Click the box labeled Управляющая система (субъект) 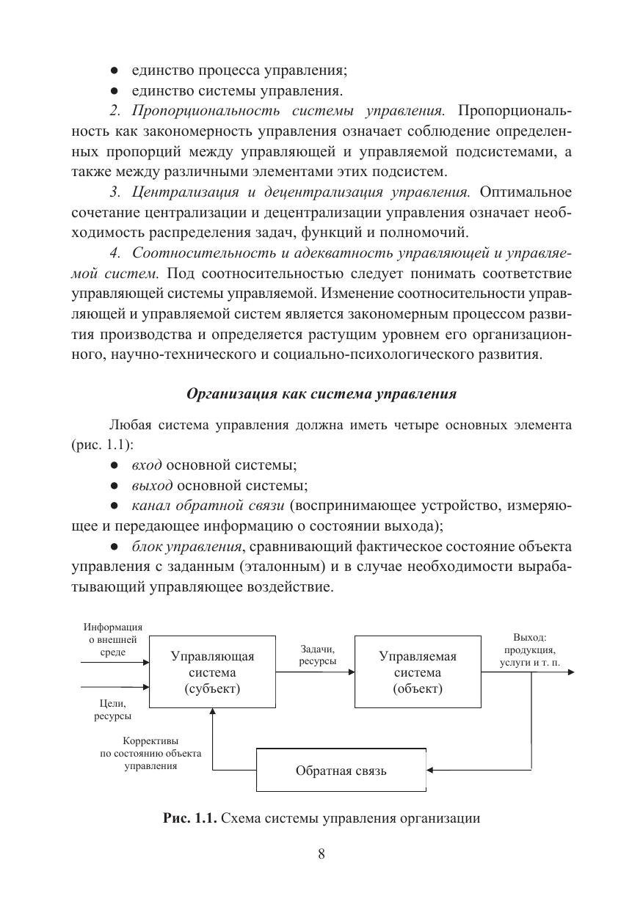click(x=213, y=672)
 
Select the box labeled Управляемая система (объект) click(x=418, y=672)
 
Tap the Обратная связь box click(x=341, y=771)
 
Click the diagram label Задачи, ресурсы click(x=318, y=655)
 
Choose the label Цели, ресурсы click(x=112, y=710)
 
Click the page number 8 click(x=321, y=853)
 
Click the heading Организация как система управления click(x=321, y=393)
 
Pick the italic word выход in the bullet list click(x=152, y=485)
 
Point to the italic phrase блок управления click(x=186, y=547)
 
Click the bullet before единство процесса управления click(x=114, y=71)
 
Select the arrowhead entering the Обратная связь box click(x=430, y=771)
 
